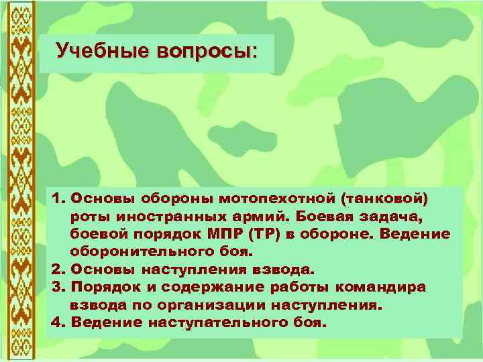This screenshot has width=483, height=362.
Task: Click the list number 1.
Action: coord(56,199)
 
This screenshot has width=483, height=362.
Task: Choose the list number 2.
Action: coord(56,269)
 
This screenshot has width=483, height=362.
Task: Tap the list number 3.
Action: coord(56,287)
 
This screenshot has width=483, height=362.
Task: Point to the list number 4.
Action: coord(56,322)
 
